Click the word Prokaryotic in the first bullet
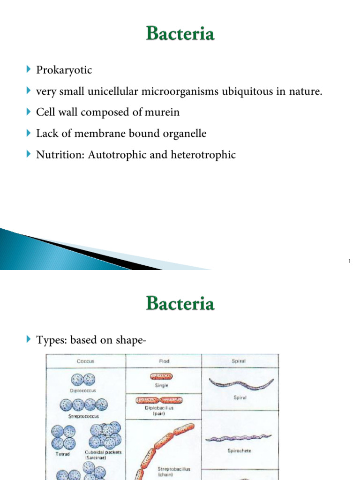pos(64,70)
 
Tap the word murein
pos(163,112)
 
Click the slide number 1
pos(350,262)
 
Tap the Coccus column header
pos(85,361)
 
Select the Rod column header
pos(163,361)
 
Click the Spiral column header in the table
pos(240,361)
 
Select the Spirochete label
pos(240,450)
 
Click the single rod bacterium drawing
pos(161,376)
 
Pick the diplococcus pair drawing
pos(82,379)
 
